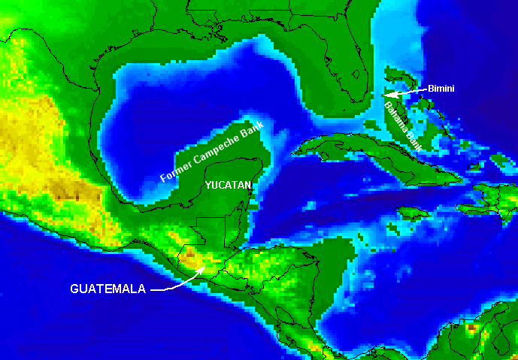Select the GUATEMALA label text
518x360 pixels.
click(108, 289)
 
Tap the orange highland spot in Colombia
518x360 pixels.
click(472, 328)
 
